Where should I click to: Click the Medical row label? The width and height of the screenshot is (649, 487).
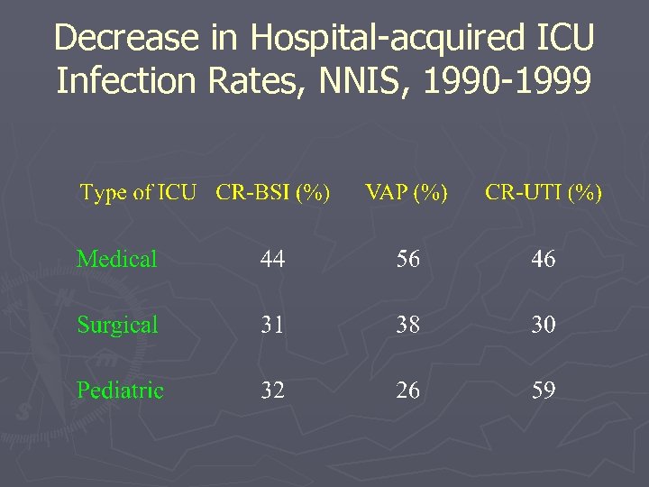tap(117, 260)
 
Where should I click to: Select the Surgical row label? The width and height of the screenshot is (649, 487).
tap(117, 325)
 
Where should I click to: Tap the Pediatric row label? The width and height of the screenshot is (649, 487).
tap(120, 391)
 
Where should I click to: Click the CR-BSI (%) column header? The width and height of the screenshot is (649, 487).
tap(273, 193)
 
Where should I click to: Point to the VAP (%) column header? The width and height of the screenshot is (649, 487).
tap(407, 193)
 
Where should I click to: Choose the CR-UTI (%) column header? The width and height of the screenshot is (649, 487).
tap(544, 193)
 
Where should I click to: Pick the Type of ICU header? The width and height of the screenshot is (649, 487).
tap(138, 193)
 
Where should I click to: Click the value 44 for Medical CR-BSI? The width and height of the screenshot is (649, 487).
tap(272, 260)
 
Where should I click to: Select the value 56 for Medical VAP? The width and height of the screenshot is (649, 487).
tap(407, 260)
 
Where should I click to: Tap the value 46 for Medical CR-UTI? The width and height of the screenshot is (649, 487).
tap(544, 260)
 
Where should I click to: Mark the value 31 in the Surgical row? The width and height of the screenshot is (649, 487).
tap(272, 325)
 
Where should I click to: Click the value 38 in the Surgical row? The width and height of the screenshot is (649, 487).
tap(407, 325)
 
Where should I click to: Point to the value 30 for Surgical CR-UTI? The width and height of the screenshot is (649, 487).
tap(544, 325)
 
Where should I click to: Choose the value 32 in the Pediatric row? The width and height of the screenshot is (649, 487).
tap(272, 391)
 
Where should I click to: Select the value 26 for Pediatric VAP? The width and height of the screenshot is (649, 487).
tap(407, 391)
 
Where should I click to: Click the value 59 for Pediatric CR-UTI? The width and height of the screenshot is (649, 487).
tap(544, 391)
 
